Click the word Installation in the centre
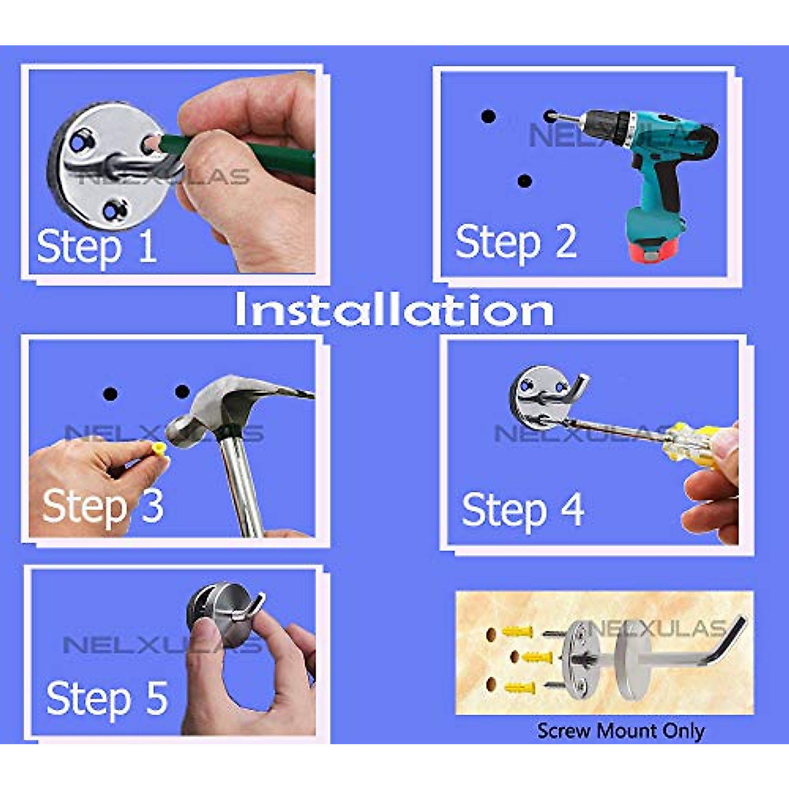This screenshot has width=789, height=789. [393, 310]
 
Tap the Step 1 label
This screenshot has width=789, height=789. [96, 247]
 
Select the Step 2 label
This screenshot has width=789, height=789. [515, 243]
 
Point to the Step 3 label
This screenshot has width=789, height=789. [103, 506]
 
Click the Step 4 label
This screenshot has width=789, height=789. [522, 510]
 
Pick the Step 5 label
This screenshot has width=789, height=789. [107, 698]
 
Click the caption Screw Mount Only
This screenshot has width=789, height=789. [620, 730]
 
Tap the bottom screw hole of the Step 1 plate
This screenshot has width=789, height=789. [114, 210]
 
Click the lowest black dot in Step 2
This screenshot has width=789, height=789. [524, 181]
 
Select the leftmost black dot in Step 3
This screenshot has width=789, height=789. [110, 394]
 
